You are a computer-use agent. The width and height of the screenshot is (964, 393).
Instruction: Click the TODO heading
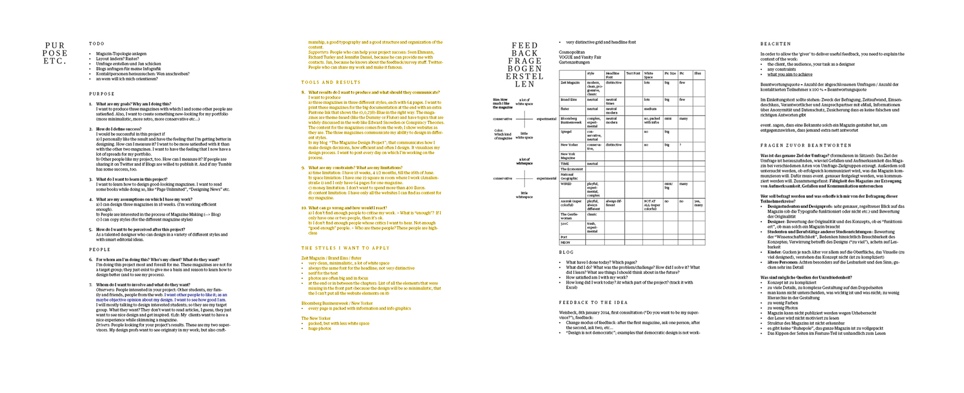tap(97, 44)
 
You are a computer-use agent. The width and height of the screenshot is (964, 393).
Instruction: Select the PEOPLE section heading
tap(100, 249)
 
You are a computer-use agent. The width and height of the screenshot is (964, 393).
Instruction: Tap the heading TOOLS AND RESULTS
tap(331, 82)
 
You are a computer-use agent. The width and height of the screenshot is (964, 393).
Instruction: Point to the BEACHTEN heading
tap(775, 44)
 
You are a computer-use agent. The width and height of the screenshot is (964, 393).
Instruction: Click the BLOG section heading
tap(566, 252)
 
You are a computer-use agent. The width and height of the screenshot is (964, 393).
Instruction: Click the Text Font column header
tap(633, 73)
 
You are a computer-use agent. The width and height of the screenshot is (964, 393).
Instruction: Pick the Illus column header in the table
tap(697, 73)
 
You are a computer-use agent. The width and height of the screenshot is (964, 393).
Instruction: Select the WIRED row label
tap(566, 184)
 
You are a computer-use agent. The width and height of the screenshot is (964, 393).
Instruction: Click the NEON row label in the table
tap(565, 242)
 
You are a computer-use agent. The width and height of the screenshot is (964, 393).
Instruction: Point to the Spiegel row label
tap(566, 131)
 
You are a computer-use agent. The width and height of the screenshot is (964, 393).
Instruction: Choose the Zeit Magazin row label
tap(570, 83)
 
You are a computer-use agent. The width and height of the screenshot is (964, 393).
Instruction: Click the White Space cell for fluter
tap(650, 109)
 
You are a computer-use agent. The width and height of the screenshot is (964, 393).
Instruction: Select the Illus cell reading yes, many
tap(698, 203)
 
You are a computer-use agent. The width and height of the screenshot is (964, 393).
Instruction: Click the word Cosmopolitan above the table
tap(572, 52)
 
